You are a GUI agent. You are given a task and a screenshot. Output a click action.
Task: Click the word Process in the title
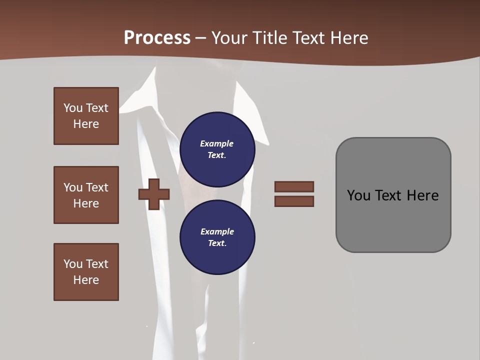157,37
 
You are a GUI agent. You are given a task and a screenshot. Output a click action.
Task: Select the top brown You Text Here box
86,116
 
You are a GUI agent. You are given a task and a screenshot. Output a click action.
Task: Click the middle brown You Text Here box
86,195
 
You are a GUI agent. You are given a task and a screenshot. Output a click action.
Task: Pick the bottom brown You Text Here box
86,272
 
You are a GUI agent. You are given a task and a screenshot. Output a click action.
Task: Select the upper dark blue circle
217,149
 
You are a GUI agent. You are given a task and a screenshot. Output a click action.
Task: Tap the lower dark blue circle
217,237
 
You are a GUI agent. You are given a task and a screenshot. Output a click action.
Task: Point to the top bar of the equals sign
294,186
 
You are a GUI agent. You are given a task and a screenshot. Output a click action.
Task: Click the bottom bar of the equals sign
294,201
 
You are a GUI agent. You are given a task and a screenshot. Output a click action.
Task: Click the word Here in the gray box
422,195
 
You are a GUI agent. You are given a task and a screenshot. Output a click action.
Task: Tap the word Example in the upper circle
217,143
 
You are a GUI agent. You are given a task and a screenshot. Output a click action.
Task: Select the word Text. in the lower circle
217,243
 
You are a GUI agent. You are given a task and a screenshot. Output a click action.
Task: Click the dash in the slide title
201,38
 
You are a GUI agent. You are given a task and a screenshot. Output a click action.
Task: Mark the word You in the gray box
358,195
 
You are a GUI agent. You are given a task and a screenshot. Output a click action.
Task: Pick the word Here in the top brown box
86,124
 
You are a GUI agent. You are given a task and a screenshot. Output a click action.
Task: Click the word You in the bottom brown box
72,264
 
